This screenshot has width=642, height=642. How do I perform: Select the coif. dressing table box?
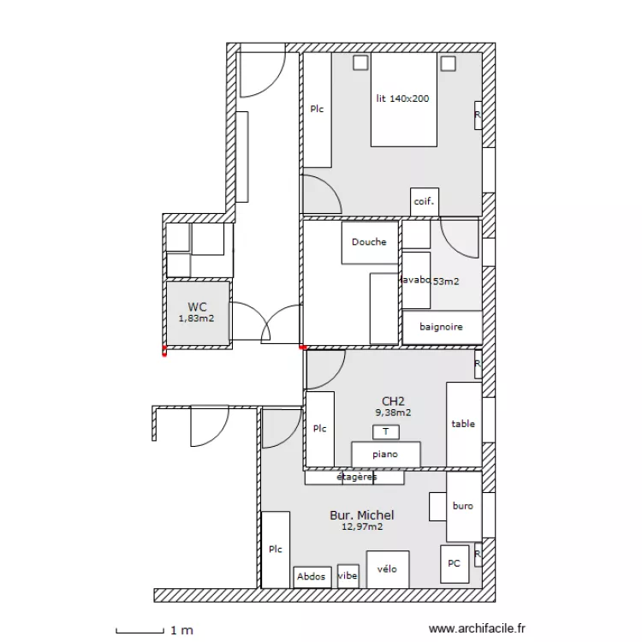pos(425,202)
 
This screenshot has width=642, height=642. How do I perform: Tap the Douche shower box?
pos(370,242)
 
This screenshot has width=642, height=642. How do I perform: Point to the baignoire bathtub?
pos(442,327)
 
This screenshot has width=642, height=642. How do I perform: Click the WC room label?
pos(197,306)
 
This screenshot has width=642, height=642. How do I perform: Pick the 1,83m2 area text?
pos(196,318)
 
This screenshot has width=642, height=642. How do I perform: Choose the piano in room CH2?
pos(385,454)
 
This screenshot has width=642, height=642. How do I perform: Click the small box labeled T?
pos(386,432)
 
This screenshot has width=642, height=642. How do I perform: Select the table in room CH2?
pos(463,425)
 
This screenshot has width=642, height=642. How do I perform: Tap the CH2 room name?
pos(393,401)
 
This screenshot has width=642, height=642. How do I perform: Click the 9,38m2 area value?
pos(393,412)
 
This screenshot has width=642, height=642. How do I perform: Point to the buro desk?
pos(463,506)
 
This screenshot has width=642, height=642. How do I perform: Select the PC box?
pos(455,563)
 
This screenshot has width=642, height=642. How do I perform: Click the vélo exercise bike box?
pos(387,569)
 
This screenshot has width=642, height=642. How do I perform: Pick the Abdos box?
pos(312,577)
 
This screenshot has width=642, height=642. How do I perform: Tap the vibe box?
pos(348,576)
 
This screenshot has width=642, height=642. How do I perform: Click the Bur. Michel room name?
pos(362,515)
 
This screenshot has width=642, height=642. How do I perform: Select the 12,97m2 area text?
pos(362,527)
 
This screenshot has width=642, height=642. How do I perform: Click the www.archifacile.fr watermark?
pos(478,629)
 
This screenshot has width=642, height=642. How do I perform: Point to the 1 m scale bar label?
pos(181,631)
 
